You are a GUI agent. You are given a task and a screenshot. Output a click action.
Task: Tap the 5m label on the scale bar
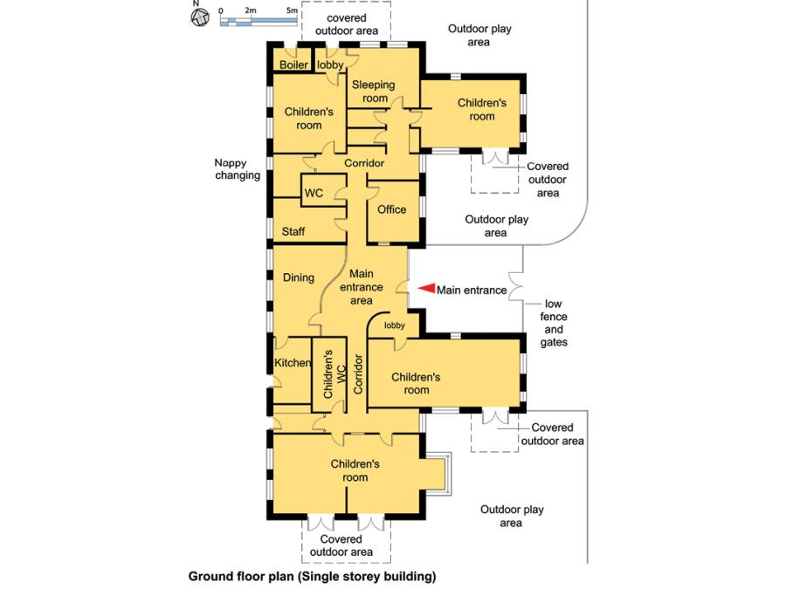(293, 10)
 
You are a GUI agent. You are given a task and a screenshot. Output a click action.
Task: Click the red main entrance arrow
(425, 289)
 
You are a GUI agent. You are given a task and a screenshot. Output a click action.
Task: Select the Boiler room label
(293, 65)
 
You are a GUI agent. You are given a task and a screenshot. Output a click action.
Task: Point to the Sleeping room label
(374, 92)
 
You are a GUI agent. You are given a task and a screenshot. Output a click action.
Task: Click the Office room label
(391, 209)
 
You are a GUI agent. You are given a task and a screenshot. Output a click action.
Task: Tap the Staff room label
(293, 232)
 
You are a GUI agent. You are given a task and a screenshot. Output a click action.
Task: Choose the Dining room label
(298, 277)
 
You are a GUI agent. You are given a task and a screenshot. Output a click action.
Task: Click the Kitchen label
(293, 362)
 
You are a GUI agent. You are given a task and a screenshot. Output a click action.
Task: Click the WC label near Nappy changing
(314, 193)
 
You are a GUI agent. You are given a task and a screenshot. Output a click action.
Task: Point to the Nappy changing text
(237, 169)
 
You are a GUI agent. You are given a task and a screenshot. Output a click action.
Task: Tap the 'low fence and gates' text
(554, 324)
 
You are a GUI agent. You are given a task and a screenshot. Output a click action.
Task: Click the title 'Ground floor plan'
(311, 577)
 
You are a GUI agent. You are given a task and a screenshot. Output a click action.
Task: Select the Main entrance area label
(362, 287)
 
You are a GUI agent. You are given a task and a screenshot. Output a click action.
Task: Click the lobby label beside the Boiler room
(330, 65)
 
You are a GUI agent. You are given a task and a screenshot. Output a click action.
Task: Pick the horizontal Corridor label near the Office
(364, 164)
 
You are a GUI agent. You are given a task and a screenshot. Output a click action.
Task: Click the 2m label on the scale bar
(251, 10)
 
